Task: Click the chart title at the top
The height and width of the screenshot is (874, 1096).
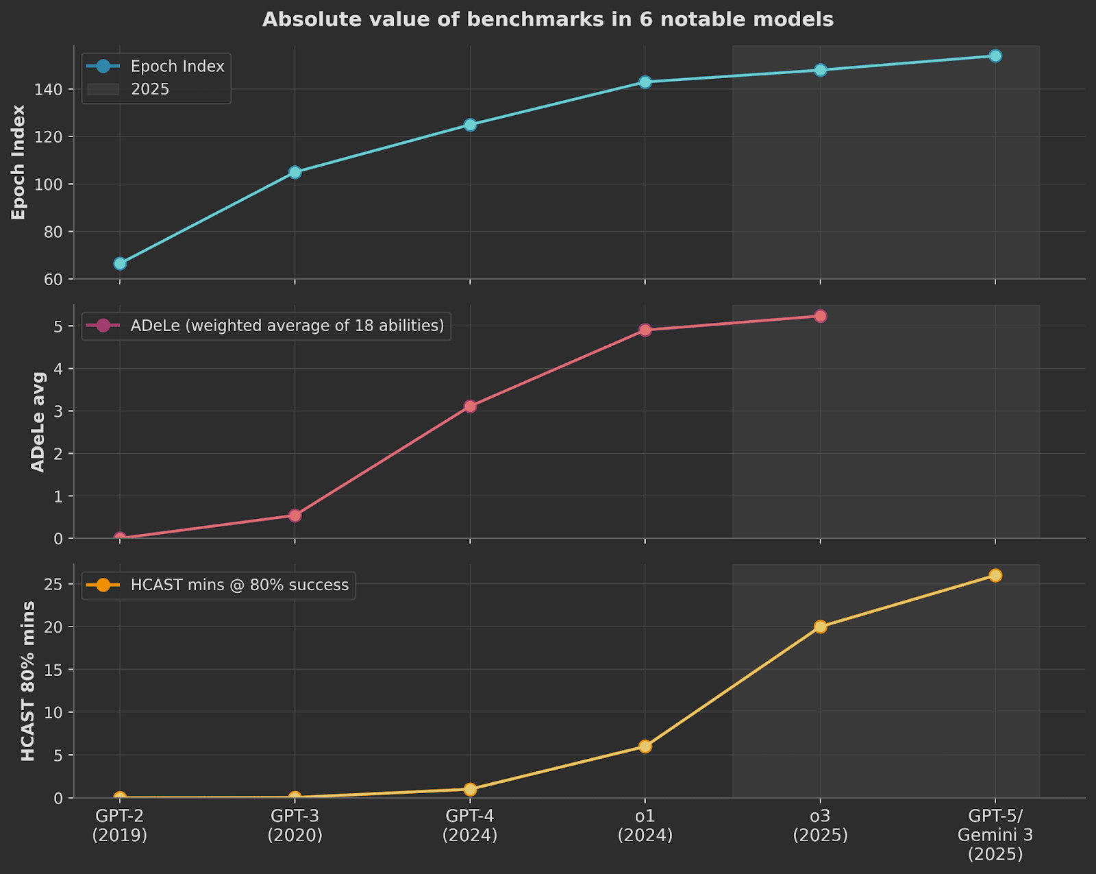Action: click(x=548, y=19)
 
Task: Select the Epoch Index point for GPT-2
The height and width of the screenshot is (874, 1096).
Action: click(x=120, y=263)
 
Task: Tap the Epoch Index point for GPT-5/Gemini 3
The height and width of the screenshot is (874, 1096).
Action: click(x=995, y=56)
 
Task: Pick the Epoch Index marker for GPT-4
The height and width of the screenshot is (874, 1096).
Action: click(x=470, y=125)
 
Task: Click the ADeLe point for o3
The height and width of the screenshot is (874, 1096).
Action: click(x=820, y=316)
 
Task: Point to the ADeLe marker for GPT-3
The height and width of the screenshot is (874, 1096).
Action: click(x=295, y=515)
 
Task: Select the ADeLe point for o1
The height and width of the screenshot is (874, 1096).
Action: click(x=645, y=330)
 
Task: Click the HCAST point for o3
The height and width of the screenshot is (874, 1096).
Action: click(x=820, y=627)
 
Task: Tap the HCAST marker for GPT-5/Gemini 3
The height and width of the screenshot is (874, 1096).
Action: click(x=995, y=575)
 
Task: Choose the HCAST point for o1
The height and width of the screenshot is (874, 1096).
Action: click(x=645, y=746)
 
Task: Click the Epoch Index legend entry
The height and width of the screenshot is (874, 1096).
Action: click(x=177, y=66)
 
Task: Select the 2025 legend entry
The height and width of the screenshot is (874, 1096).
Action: click(x=150, y=89)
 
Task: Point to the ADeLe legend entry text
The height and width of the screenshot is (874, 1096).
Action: click(x=287, y=326)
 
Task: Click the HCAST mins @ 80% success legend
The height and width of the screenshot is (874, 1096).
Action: click(x=239, y=585)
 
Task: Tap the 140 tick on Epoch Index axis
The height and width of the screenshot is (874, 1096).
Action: click(x=53, y=90)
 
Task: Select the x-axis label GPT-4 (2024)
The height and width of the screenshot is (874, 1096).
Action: click(x=470, y=825)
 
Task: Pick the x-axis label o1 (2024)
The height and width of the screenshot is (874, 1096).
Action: click(x=645, y=825)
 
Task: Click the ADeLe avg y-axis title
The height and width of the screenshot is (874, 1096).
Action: click(x=38, y=422)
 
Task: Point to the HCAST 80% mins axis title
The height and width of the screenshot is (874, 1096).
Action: click(x=28, y=681)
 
